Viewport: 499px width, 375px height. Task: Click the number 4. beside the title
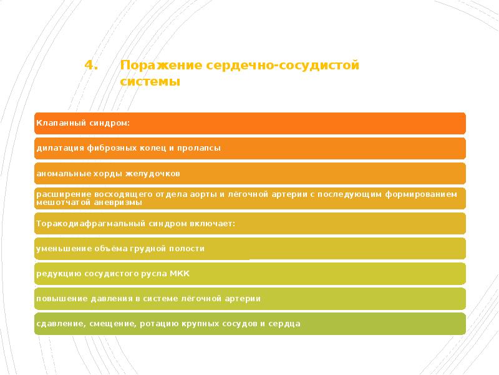[92, 66]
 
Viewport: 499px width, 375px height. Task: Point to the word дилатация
[58, 148]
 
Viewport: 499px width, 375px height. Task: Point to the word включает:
[215, 223]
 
